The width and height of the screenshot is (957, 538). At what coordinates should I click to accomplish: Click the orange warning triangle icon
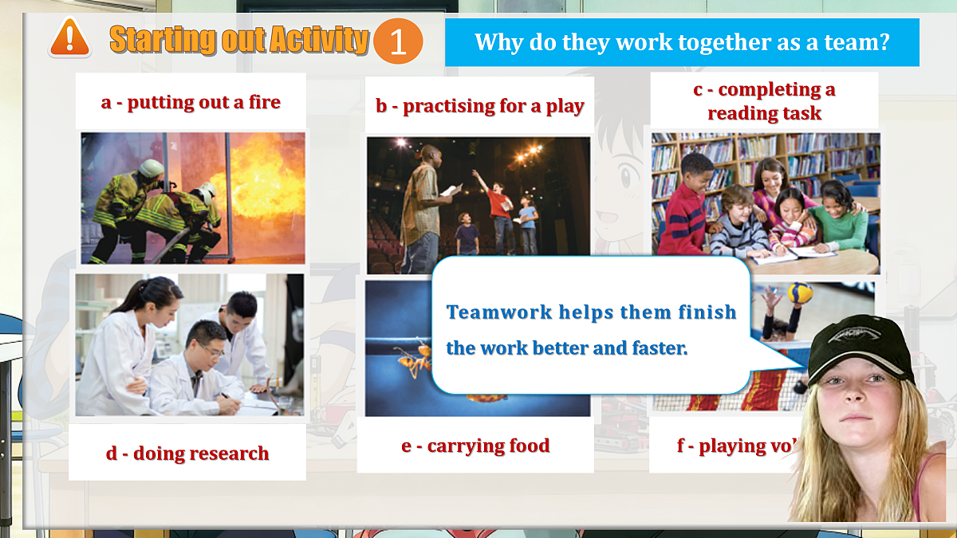(69, 38)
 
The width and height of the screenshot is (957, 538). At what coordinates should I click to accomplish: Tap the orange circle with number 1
(397, 42)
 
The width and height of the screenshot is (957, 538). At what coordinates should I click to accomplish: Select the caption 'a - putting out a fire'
(191, 102)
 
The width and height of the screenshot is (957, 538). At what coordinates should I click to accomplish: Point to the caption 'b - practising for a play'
(480, 106)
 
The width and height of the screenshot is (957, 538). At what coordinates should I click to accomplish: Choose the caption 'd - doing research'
(187, 454)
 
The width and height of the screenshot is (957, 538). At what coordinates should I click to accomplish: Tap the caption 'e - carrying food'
(475, 446)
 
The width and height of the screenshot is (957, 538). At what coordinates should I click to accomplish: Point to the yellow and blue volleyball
(800, 293)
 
